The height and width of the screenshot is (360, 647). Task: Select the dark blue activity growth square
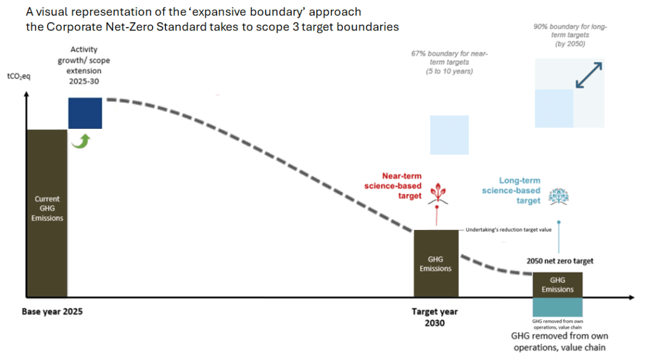pos(85,113)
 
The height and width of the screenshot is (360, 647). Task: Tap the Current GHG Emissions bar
pos(46,212)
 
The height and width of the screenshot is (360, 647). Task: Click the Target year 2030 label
pos(435,317)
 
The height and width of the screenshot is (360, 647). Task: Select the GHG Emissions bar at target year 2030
pos(435,263)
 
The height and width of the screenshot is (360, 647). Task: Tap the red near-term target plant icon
pos(435,193)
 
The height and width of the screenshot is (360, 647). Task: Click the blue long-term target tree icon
pos(558,196)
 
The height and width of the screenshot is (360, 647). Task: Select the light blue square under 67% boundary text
pos(449,135)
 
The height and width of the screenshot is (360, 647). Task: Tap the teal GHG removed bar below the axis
pos(557,308)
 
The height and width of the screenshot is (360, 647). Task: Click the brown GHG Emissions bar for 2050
pos(557,284)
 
